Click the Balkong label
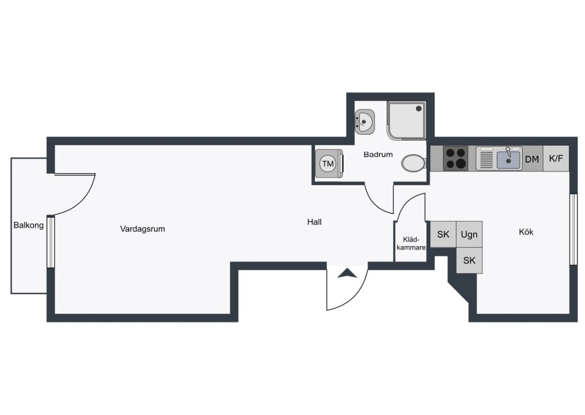click(28, 225)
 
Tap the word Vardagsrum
click(142, 229)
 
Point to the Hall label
click(314, 222)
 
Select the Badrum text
click(378, 155)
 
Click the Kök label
click(526, 232)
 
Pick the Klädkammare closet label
click(411, 244)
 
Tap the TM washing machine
click(329, 164)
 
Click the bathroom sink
click(365, 122)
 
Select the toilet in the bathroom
click(414, 163)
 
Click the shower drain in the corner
click(419, 108)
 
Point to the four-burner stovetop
click(455, 159)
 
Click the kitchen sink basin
click(508, 160)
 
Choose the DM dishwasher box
click(532, 159)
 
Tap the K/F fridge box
click(556, 159)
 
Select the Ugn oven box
click(469, 234)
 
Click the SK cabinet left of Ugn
click(443, 234)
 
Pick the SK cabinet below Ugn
click(469, 260)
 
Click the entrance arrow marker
click(347, 273)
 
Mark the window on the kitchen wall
click(573, 229)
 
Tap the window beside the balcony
click(51, 242)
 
